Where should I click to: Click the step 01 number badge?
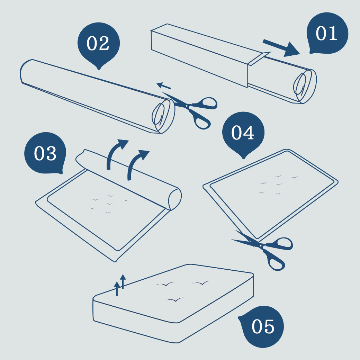coord(327,33)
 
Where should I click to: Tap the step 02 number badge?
coord(99,44)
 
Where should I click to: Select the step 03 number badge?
coord(45,153)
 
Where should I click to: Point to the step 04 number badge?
coord(243,134)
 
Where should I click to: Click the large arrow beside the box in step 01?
coord(281,47)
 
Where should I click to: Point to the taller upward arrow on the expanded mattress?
coord(123,281)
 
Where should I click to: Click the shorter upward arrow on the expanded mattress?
coord(117,288)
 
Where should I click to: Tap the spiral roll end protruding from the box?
coord(305,86)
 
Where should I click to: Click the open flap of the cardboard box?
coord(259,58)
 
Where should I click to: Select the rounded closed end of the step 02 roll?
coord(26,71)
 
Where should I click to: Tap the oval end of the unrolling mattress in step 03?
coord(175,199)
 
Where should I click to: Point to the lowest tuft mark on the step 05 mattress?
coord(175,300)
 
